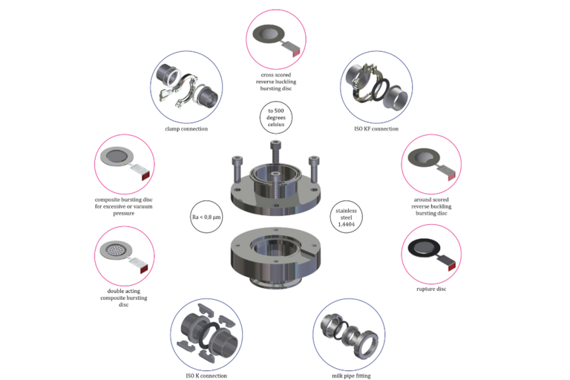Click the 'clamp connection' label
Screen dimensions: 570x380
[x=186, y=128]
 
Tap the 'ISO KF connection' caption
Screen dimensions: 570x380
[x=376, y=128]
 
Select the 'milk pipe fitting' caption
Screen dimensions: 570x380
[x=351, y=376]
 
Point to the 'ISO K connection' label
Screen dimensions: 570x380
[x=206, y=376]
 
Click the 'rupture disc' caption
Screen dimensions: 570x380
[x=431, y=289]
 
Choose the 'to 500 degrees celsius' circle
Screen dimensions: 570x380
[x=276, y=117]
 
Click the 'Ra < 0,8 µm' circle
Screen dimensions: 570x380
[x=206, y=217]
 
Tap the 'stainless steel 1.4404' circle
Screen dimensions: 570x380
[x=346, y=217]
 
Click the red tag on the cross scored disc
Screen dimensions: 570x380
[x=296, y=53]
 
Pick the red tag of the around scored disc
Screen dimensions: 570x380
[x=451, y=177]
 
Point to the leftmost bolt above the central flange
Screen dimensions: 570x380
[x=237, y=169]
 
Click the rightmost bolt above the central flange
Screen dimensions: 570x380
[x=314, y=169]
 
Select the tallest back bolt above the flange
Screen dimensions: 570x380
[x=276, y=153]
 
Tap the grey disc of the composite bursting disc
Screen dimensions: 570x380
[x=117, y=157]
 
